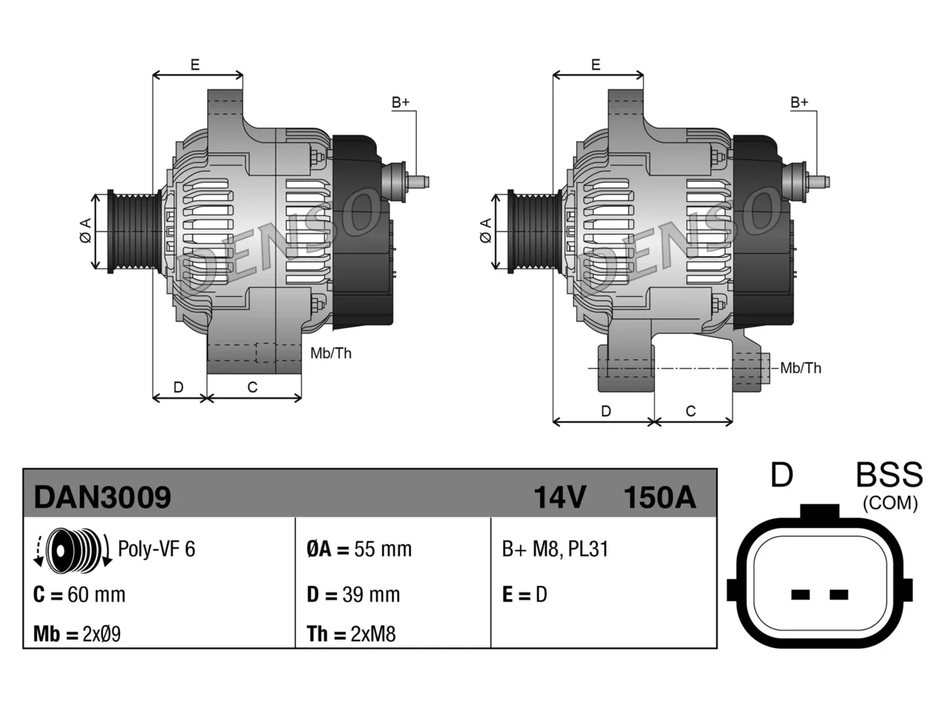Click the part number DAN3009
click(102, 497)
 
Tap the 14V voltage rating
click(559, 497)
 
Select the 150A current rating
click(659, 497)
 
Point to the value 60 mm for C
click(96, 595)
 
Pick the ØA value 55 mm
click(383, 549)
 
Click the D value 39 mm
click(371, 595)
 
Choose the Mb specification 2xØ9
click(101, 634)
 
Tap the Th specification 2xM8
click(373, 634)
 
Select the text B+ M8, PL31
click(555, 549)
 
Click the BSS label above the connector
click(889, 475)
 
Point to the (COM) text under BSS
click(890, 504)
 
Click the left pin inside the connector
click(800, 595)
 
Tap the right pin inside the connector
click(838, 595)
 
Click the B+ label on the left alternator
click(401, 102)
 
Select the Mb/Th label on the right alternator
click(801, 368)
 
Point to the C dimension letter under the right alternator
click(690, 410)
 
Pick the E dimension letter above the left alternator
click(196, 64)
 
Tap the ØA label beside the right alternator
click(486, 230)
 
